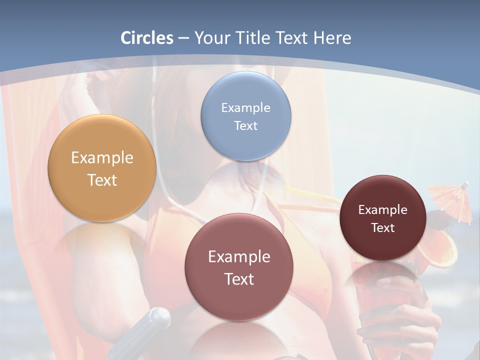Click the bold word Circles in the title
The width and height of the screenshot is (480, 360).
pos(147,38)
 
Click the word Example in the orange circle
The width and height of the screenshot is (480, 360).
pos(102,158)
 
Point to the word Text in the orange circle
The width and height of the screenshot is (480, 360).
pos(102,180)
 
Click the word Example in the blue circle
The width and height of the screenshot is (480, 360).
pos(246,108)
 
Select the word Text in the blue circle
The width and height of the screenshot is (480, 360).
pos(246,125)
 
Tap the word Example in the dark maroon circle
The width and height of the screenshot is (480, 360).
pos(383,210)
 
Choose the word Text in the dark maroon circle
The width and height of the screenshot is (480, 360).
pos(383,227)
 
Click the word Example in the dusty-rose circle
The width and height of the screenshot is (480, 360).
pos(239,257)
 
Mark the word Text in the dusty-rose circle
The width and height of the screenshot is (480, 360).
pos(239,279)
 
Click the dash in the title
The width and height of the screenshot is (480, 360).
pos(183,38)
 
